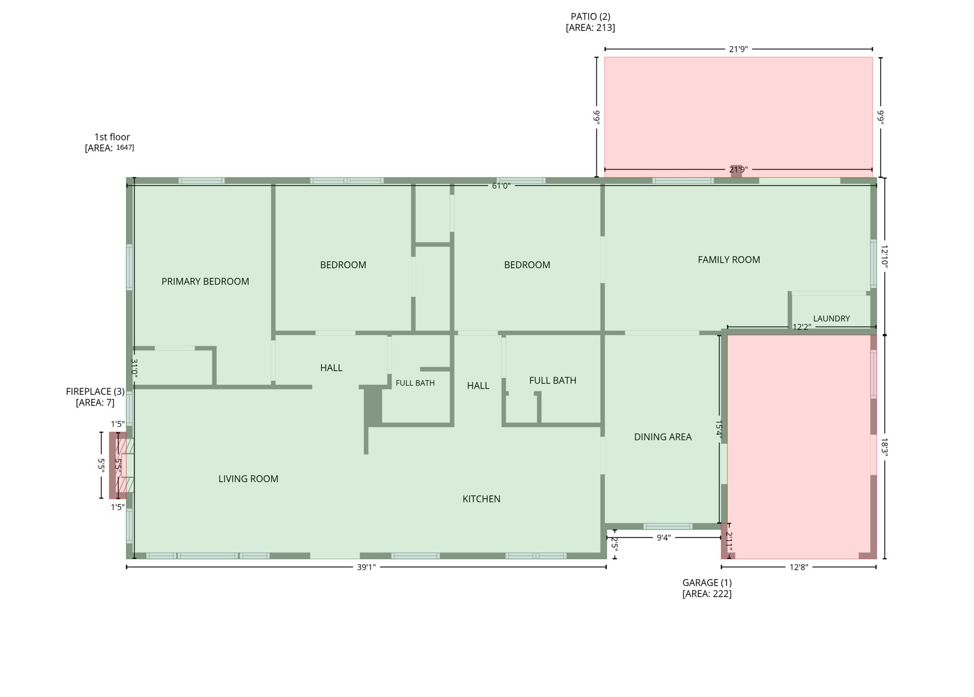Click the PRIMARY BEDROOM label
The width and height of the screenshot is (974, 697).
click(205, 281)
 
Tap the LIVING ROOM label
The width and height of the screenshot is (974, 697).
click(248, 479)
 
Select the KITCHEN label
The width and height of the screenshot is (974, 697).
click(481, 499)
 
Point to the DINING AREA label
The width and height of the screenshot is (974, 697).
click(662, 437)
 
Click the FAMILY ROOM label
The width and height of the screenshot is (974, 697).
click(729, 260)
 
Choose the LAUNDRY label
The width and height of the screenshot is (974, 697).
click(831, 319)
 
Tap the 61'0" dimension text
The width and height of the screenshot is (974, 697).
click(501, 185)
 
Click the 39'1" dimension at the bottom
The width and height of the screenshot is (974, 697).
click(366, 567)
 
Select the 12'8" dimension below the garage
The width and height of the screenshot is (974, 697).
click(799, 567)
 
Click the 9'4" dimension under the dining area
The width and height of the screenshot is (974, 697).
click(663, 538)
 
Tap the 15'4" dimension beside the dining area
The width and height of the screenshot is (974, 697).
click(719, 429)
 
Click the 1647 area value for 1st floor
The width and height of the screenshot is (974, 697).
click(125, 147)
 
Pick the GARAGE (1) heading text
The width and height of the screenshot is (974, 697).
click(707, 582)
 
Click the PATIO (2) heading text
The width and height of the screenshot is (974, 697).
click(590, 17)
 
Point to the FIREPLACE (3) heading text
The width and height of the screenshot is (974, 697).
click(95, 391)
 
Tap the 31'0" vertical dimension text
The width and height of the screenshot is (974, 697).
click(135, 368)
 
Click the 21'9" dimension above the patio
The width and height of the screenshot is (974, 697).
click(738, 49)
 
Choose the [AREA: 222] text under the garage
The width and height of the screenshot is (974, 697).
click(707, 593)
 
